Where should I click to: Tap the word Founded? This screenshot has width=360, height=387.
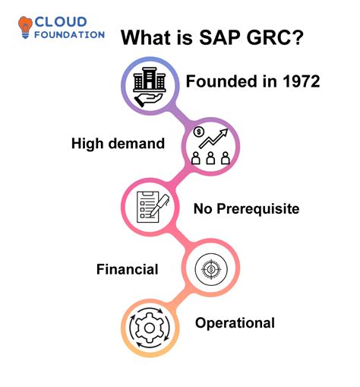221,82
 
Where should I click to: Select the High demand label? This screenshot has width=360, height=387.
118,143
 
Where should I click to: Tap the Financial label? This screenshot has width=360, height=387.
127,268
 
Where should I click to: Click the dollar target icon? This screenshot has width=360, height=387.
209,268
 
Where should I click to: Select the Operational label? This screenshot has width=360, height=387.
235,323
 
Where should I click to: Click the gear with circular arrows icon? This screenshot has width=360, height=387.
149,328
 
